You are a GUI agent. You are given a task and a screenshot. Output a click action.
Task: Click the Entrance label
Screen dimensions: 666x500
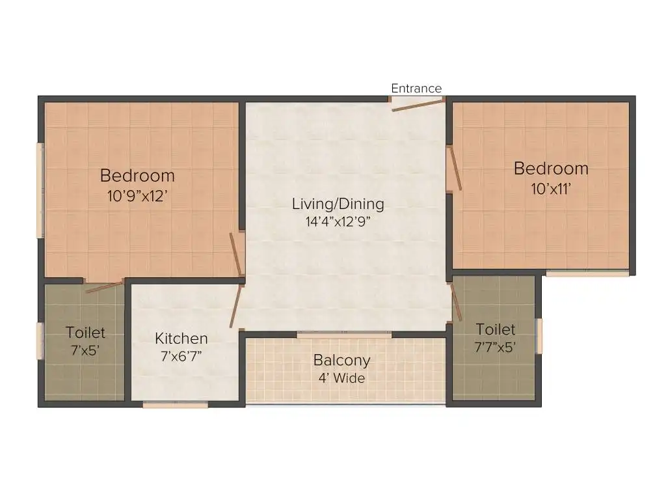coord(416,89)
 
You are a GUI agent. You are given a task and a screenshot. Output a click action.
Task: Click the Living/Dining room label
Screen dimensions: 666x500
coord(338,204)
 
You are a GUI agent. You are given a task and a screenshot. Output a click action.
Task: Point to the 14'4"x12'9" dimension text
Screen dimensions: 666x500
coord(338,221)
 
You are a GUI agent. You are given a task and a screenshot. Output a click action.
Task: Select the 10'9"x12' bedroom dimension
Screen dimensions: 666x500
coord(137,196)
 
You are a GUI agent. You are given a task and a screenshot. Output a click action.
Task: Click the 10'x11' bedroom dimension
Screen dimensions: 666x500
coord(551,189)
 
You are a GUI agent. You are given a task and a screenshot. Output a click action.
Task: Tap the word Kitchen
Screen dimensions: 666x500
coord(181,339)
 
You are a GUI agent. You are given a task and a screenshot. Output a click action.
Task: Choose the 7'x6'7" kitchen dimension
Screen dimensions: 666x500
coord(181,356)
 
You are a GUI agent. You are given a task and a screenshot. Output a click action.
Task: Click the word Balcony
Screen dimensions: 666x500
coord(342,361)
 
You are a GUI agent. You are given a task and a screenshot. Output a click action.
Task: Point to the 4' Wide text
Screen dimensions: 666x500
coord(342,378)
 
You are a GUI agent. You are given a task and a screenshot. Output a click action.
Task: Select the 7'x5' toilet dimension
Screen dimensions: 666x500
coord(85,350)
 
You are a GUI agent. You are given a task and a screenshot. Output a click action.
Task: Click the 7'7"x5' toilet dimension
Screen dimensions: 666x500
coord(495,348)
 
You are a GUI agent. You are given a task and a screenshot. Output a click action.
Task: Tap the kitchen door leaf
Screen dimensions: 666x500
coord(236,306)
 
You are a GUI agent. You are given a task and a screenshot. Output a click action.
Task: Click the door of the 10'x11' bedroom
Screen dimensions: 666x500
coord(456,169)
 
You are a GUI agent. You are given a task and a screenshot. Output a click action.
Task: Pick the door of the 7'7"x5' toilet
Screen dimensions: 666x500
coord(457,302)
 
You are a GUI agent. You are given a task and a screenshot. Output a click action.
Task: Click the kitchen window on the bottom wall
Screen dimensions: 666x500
coord(176,404)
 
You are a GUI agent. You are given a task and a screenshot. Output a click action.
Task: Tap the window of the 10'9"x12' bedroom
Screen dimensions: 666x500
coord(41,191)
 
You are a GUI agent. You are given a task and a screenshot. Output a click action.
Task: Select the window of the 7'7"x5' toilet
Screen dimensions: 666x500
coord(539,336)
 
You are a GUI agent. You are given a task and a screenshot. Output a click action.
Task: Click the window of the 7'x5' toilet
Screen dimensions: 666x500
coord(41,341)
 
